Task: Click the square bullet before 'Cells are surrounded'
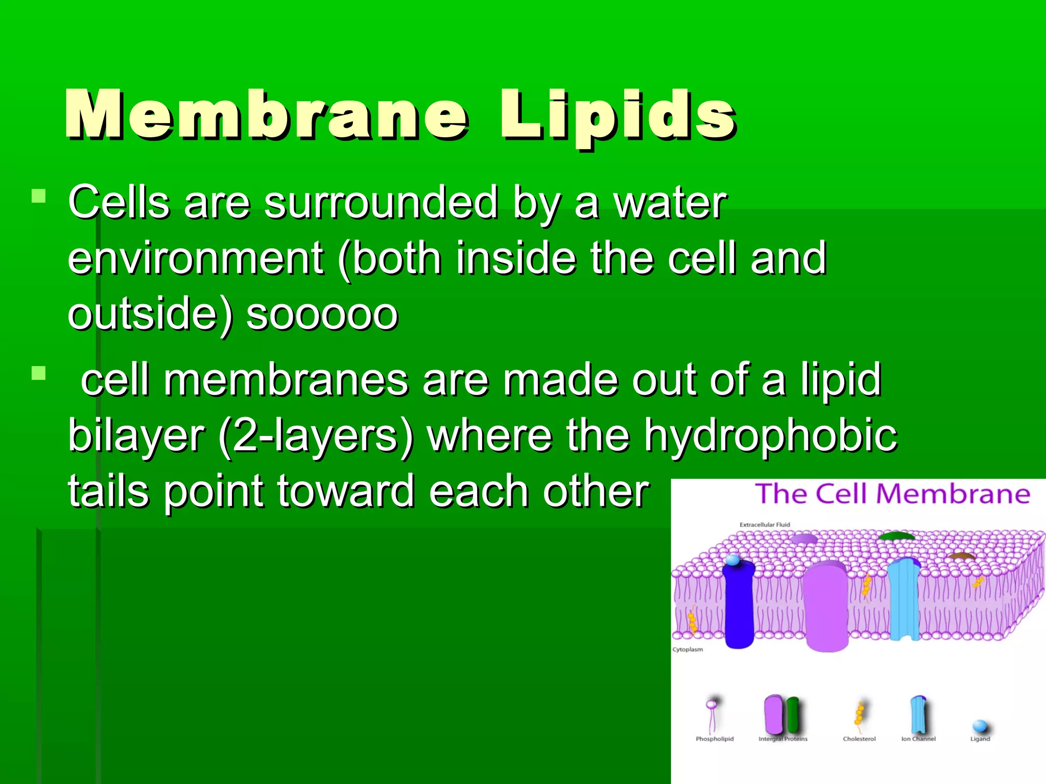(38, 197)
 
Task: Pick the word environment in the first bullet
(196, 258)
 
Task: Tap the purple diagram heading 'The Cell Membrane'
(892, 494)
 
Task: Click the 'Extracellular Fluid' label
(765, 525)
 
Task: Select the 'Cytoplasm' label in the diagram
(687, 650)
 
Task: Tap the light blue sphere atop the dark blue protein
(733, 560)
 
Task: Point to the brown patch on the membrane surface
(962, 556)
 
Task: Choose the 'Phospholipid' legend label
(714, 739)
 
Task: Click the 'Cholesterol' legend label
(859, 739)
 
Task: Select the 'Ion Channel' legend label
(918, 739)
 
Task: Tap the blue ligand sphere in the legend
(980, 725)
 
